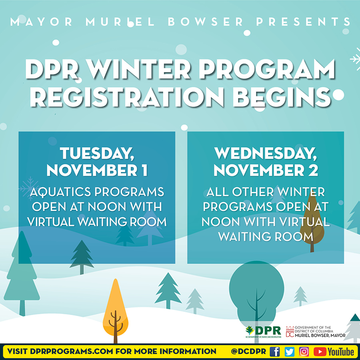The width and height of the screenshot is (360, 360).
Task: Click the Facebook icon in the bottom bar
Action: coord(275,352)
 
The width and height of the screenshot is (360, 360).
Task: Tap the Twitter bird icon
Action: coord(290,352)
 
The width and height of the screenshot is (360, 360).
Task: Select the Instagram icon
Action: coord(304,352)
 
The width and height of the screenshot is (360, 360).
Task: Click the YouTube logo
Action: coord(334,352)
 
